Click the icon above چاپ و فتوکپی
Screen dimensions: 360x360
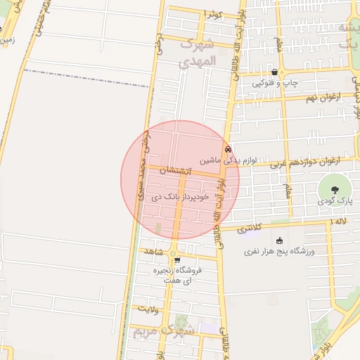coord(283,72)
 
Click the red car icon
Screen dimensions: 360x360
coord(228,149)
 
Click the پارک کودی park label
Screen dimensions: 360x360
coord(334,202)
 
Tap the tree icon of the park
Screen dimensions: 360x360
coord(335,188)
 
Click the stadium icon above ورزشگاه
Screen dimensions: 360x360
coord(280,240)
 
